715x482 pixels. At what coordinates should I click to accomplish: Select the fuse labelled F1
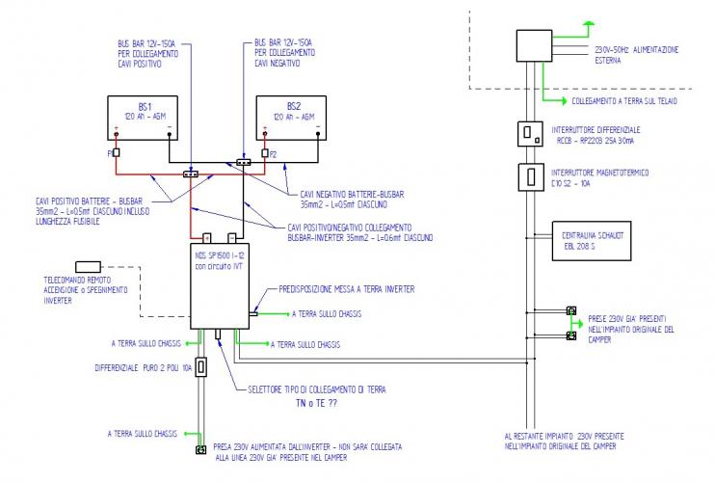[x=116, y=152]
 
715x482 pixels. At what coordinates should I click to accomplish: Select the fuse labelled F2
[x=263, y=152]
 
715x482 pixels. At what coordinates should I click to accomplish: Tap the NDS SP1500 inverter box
[x=219, y=284]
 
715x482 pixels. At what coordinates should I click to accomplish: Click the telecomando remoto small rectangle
[x=89, y=266]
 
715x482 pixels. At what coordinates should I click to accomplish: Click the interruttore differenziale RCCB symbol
[x=528, y=133]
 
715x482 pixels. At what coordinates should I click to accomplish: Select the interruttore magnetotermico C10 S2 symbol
[x=528, y=177]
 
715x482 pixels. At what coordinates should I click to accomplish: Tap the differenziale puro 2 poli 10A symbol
[x=200, y=367]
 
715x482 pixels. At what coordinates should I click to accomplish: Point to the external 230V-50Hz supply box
[x=533, y=47]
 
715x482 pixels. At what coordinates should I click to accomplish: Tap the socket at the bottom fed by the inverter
[x=201, y=450]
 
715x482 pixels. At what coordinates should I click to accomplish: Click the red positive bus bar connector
[x=191, y=174]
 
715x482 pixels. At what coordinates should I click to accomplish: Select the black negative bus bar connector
[x=244, y=162]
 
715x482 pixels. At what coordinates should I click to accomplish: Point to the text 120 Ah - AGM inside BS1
[x=144, y=117]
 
